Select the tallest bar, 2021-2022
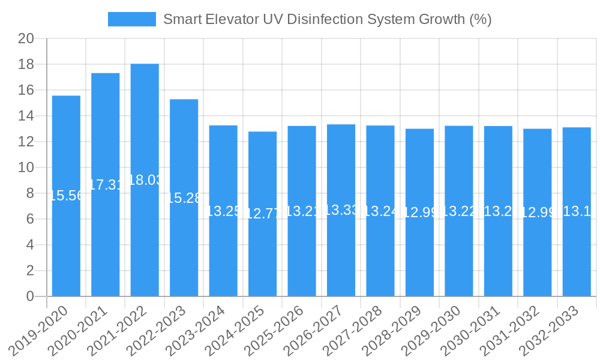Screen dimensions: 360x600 pos(145,240)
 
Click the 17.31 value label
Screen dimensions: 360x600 pos(106,185)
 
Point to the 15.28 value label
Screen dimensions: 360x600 pos(184,198)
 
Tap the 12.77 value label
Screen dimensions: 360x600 pos(262,214)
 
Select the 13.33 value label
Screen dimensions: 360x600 pos(341,210)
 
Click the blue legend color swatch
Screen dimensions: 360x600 pos(131,19)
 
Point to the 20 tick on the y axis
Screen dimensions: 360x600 pos(26,39)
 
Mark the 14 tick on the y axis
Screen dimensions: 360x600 pos(26,116)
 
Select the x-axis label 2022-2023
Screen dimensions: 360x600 pos(160,330)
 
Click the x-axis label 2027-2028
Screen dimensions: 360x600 pos(356,330)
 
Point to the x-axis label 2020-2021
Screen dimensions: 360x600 pos(81,330)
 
